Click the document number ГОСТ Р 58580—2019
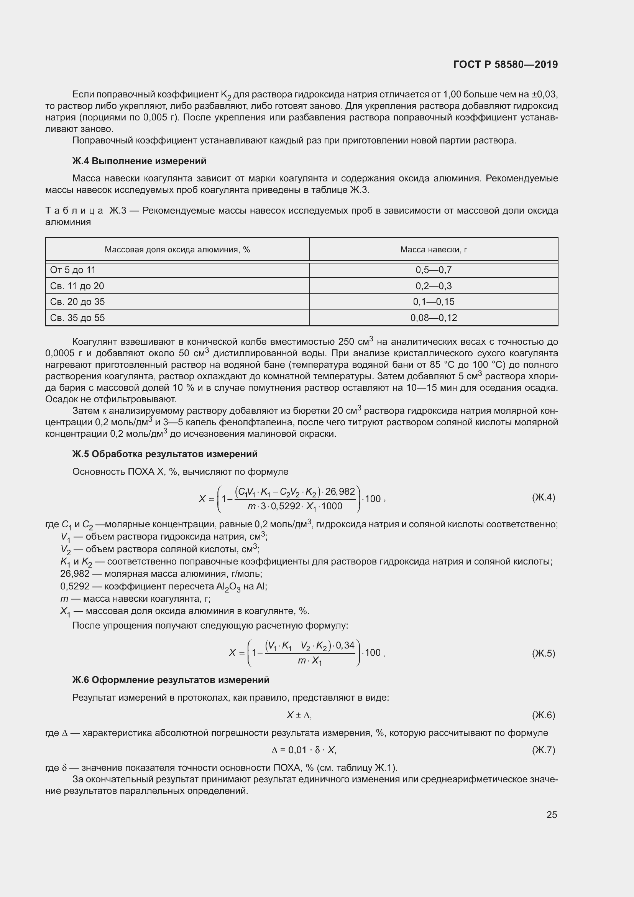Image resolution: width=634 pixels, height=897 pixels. [506, 64]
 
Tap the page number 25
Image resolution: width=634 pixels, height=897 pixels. [551, 815]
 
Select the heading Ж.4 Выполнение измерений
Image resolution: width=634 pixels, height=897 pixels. [140, 161]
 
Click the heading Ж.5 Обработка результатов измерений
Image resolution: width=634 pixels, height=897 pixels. [165, 454]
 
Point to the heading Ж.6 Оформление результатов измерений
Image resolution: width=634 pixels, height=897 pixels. [171, 680]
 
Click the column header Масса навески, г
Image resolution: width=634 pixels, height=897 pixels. [434, 250]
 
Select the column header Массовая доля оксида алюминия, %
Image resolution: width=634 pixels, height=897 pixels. [177, 250]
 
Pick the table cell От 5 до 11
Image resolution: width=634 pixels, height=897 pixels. [73, 270]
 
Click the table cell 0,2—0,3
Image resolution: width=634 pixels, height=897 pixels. [434, 286]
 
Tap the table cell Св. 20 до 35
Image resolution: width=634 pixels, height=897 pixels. [77, 301]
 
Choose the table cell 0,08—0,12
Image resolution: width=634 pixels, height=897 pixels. [434, 318]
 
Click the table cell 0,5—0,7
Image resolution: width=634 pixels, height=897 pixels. [434, 270]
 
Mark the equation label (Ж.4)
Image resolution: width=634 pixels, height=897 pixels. [543, 497]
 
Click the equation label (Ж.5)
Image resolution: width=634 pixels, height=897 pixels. [543, 653]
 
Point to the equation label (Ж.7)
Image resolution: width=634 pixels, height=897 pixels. [543, 750]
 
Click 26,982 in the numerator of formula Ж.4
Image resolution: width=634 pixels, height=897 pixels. [340, 492]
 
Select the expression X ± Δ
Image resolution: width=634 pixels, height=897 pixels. [299, 715]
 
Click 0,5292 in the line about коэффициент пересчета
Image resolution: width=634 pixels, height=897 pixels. [75, 586]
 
